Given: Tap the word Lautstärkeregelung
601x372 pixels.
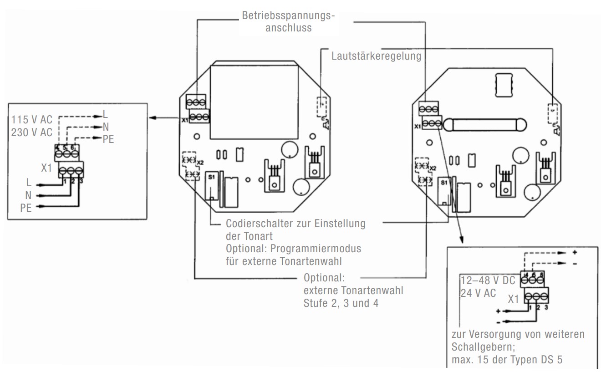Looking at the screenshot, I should [x=376, y=57].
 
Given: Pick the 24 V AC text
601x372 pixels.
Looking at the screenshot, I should [x=478, y=293].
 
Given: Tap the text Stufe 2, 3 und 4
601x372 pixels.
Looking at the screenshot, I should [x=341, y=302].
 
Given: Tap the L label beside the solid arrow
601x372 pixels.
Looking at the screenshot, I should [x=29, y=183].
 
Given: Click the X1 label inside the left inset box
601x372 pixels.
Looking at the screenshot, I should [x=46, y=168].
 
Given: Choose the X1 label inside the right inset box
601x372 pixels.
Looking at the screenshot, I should [x=514, y=299].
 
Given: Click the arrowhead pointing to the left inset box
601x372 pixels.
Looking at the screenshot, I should [x=151, y=118].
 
